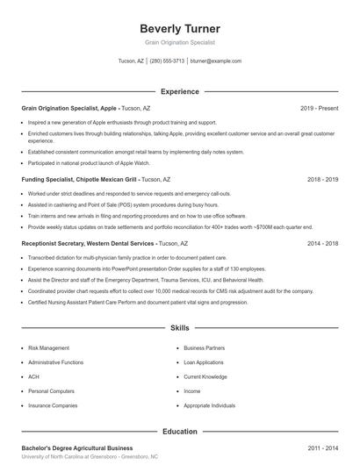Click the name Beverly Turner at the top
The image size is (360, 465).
pyautogui.click(x=179, y=28)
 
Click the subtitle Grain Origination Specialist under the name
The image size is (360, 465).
pyautogui.click(x=179, y=42)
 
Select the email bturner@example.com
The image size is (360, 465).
pyautogui.click(x=215, y=61)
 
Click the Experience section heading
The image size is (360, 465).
pyautogui.click(x=179, y=91)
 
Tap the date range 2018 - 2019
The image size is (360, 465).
pyautogui.click(x=322, y=179)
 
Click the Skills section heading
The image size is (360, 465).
pyautogui.click(x=179, y=327)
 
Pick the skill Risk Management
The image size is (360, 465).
pyautogui.click(x=48, y=348)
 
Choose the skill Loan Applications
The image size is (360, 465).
pyautogui.click(x=205, y=362)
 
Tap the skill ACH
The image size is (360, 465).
pyautogui.click(x=34, y=377)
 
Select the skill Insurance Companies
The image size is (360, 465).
pyautogui.click(x=53, y=406)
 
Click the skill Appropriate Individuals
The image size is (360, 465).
pyautogui.click(x=209, y=406)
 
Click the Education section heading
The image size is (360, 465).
pyautogui.click(x=179, y=432)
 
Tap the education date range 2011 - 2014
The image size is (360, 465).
pyautogui.click(x=322, y=448)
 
